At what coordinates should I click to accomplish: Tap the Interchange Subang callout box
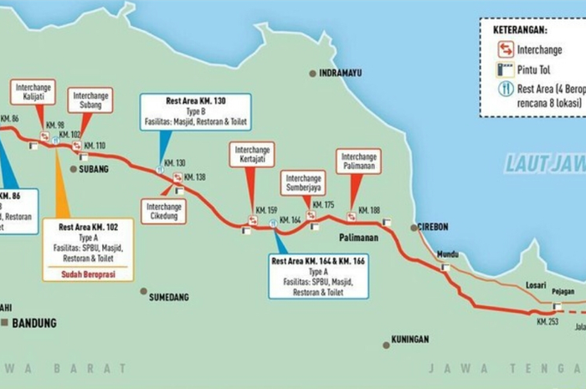91,100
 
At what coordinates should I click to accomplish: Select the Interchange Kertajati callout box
252,154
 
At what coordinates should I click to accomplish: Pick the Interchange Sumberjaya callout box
304,182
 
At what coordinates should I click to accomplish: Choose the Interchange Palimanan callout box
358,161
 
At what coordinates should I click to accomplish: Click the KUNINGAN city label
409,340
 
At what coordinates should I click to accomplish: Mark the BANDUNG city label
33,323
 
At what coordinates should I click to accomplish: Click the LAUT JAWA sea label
544,163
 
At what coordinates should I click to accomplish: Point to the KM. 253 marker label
547,321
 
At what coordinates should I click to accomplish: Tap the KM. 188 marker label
368,210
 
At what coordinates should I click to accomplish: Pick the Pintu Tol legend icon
506,70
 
